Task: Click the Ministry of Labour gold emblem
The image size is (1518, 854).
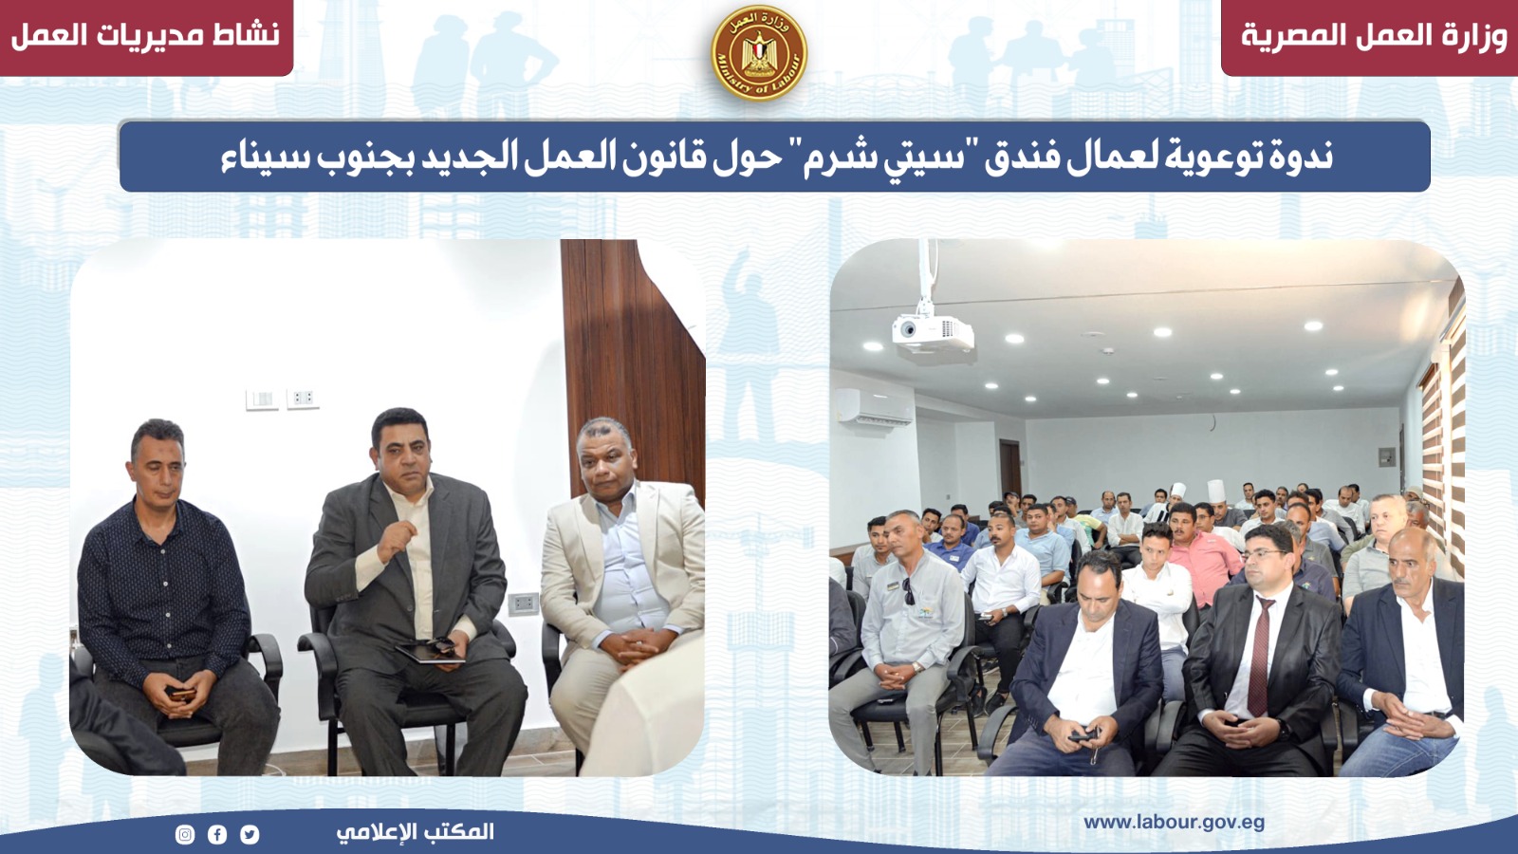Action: tap(759, 53)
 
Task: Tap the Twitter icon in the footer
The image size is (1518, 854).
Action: tap(250, 834)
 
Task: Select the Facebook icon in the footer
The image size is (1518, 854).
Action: tap(217, 834)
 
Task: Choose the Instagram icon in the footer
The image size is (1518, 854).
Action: tap(185, 834)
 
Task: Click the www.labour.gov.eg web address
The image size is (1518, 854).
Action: tap(1174, 823)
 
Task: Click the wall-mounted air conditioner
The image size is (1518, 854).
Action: tap(875, 407)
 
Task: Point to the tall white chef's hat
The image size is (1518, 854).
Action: tap(1216, 492)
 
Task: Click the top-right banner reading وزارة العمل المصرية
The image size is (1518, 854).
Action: tap(1369, 37)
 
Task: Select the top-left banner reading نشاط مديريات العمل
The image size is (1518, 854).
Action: tap(146, 37)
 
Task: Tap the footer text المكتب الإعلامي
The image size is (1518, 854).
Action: tap(415, 831)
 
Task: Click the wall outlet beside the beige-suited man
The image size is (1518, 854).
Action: tap(523, 603)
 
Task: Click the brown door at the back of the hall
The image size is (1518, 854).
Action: tap(1010, 469)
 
